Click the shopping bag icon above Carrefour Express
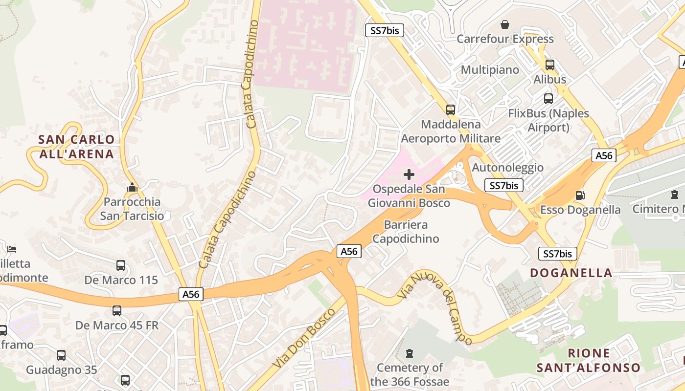tap(505, 24)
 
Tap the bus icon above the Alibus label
tap(549, 65)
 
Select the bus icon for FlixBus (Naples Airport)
tap(548, 99)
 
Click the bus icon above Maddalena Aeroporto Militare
tap(451, 110)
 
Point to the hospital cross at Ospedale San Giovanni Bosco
tap(409, 174)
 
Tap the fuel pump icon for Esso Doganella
tap(580, 195)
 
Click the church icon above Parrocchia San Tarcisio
tap(132, 187)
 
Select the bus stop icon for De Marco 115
tap(121, 265)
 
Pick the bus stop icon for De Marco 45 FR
tap(117, 311)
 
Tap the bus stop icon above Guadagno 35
tap(61, 355)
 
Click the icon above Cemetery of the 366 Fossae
tap(410, 353)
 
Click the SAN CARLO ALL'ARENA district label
tap(76, 147)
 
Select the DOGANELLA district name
tap(571, 273)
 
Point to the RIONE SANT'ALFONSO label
tap(589, 360)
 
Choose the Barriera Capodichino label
tap(406, 232)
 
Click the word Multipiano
tap(490, 70)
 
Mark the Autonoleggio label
tap(507, 168)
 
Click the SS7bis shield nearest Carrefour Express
tap(385, 31)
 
